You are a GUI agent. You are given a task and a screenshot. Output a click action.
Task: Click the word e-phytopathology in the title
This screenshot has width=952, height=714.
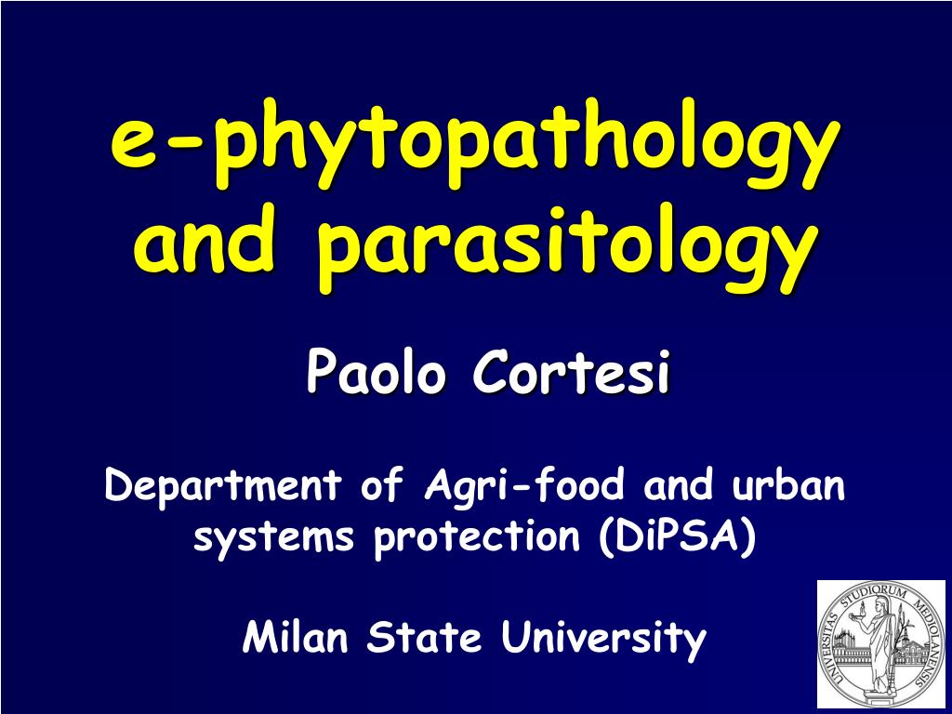469,148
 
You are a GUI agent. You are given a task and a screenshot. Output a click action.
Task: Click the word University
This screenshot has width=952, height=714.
603,640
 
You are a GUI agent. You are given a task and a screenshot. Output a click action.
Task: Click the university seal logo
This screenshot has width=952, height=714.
880,643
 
